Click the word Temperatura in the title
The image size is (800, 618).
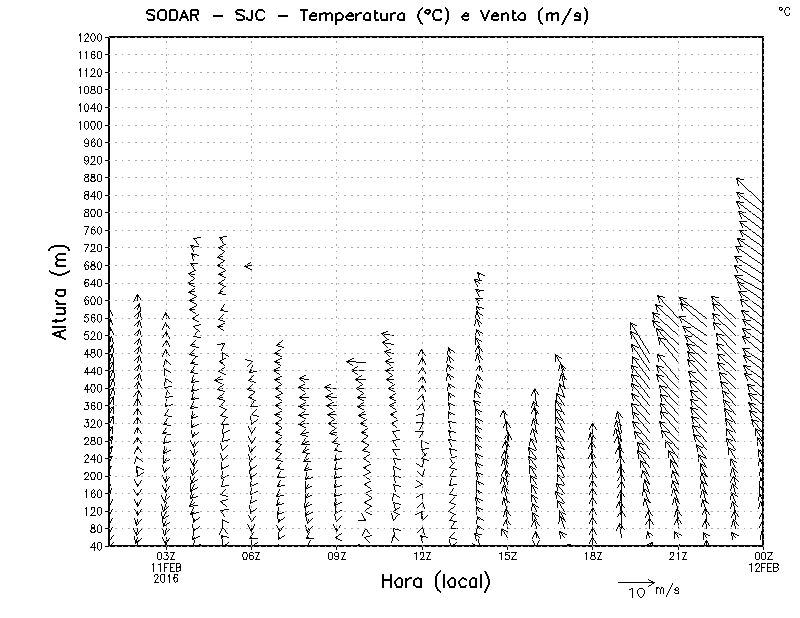(x=337, y=14)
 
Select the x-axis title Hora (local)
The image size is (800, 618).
(x=435, y=581)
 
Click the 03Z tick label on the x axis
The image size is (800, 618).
(x=166, y=556)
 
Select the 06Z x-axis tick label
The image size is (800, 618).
(x=251, y=556)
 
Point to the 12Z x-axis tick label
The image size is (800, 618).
(x=422, y=556)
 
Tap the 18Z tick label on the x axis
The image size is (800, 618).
(x=593, y=556)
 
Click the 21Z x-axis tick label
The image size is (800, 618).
(x=678, y=556)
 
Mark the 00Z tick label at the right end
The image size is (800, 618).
(x=763, y=556)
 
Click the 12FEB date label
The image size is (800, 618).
(x=763, y=567)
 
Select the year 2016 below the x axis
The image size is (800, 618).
(x=166, y=578)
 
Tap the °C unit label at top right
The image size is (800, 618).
(x=783, y=10)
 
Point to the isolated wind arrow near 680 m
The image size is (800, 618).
(x=247, y=265)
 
